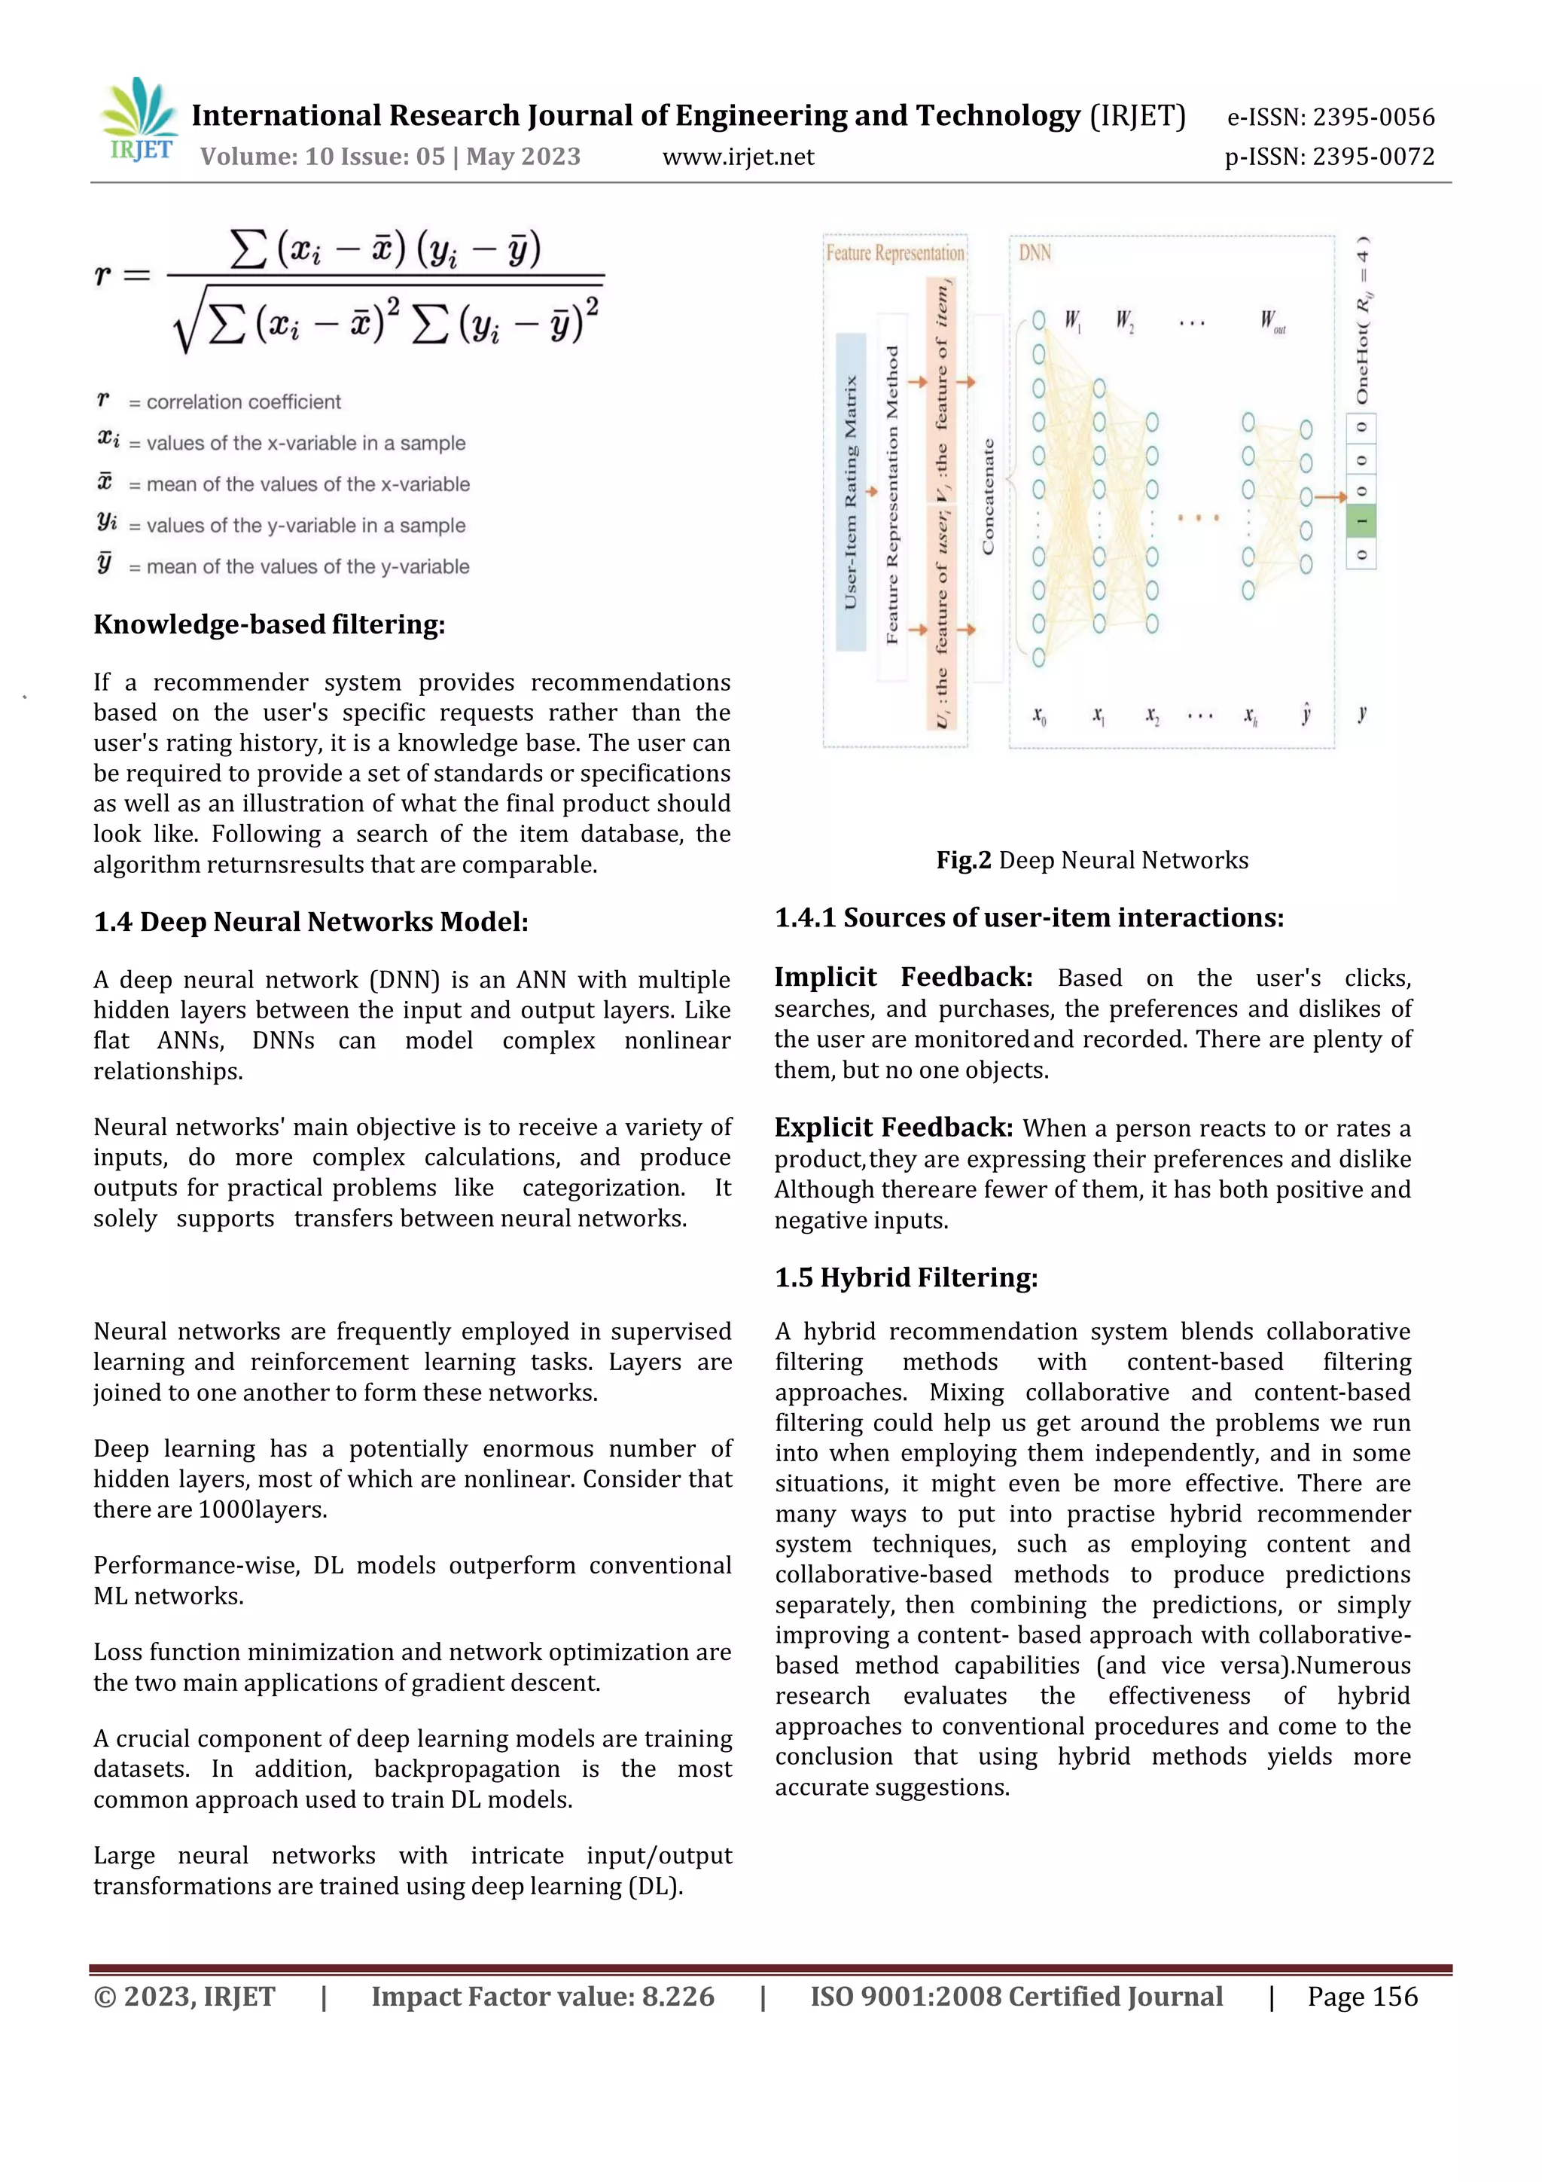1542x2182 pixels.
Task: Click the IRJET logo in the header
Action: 139,121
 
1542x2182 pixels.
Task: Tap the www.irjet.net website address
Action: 737,157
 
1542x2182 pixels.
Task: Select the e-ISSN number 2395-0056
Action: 1330,117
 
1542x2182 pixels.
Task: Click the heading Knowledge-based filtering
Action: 269,624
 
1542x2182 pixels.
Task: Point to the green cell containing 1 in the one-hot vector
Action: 1361,520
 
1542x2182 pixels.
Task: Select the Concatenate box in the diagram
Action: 988,497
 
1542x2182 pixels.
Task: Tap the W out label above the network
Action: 1272,321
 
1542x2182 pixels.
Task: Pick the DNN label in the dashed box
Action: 1035,253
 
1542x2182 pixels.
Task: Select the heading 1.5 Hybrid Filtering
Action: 906,1277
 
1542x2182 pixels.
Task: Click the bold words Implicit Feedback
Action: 903,977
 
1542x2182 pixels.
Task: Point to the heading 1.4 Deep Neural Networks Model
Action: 311,922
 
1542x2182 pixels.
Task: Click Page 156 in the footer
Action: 1361,1997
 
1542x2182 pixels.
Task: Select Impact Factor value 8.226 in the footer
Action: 543,1997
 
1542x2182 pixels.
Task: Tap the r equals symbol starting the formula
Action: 122,276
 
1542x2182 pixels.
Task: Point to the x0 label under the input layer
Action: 1038,715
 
